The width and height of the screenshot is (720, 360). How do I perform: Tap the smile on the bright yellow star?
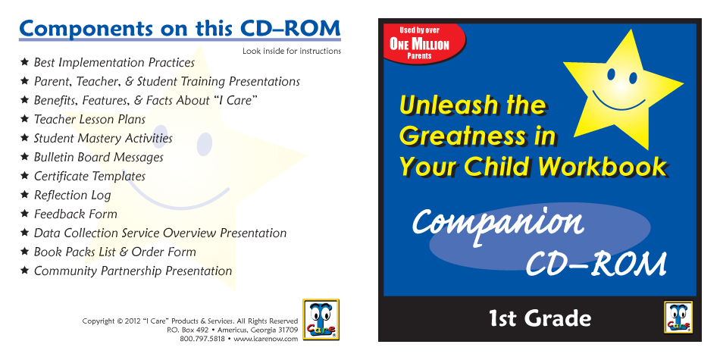[618, 102]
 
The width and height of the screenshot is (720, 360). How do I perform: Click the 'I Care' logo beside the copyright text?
[321, 319]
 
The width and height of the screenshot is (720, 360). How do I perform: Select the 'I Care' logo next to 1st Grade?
[678, 317]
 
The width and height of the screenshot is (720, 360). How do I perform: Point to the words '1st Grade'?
[540, 318]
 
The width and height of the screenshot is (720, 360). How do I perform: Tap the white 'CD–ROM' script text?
[596, 263]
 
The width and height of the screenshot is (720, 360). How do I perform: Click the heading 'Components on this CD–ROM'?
[180, 29]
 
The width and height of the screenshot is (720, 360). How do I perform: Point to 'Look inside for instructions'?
[292, 51]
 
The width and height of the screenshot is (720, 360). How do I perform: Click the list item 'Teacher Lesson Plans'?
[89, 120]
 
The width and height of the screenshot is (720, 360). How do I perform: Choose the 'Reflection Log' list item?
[73, 195]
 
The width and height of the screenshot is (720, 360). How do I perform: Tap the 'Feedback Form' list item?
[76, 214]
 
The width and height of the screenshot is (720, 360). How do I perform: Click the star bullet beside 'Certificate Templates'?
[25, 176]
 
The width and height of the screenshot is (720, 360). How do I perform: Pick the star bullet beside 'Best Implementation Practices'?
[25, 62]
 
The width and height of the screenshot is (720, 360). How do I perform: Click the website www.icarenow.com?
[266, 339]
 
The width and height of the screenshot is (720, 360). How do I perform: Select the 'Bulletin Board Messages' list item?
[99, 157]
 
